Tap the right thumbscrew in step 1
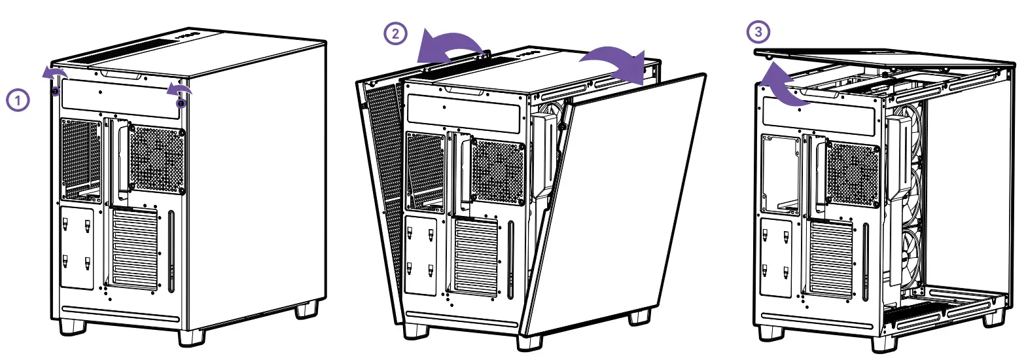tap(181, 102)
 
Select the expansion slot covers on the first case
tap(135, 249)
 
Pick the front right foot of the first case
tap(191, 336)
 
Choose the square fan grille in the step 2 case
tap(497, 171)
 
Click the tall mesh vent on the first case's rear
tap(82, 157)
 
